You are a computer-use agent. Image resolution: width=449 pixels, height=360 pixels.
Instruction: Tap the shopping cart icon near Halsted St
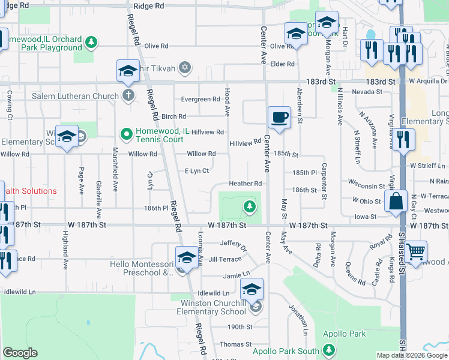click(x=415, y=251)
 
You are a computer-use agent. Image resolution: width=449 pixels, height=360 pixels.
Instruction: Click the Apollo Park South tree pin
click(x=328, y=349)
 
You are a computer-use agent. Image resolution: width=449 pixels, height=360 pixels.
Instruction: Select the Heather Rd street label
click(x=246, y=184)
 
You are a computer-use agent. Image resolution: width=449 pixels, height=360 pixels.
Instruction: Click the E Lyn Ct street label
click(x=197, y=171)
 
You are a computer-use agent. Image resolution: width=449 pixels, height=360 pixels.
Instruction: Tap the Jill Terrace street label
click(x=226, y=259)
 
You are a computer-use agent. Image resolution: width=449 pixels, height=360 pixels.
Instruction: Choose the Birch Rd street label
click(x=173, y=116)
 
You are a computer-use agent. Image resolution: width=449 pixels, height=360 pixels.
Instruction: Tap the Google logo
click(x=20, y=353)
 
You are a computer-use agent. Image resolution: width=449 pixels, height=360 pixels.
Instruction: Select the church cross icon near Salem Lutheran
click(x=128, y=95)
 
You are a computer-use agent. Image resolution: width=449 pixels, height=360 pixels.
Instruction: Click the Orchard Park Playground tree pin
click(x=91, y=42)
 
